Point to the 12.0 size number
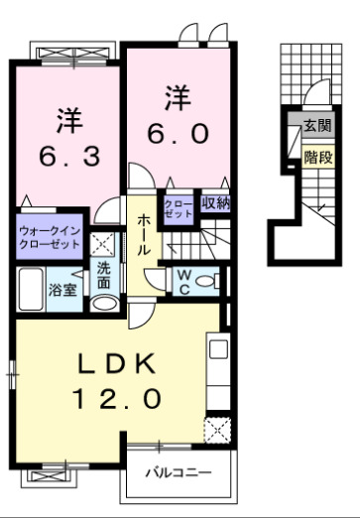115,399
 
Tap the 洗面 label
103,275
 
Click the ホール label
145,235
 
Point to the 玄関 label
317,126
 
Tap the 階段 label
317,156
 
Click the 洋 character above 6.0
178,97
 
